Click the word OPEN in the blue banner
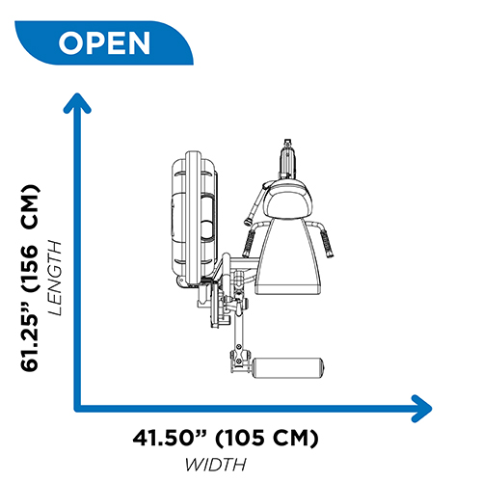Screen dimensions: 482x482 104,43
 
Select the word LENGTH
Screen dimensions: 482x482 55,278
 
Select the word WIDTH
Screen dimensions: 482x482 216,465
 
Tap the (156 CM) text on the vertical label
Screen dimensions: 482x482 30,238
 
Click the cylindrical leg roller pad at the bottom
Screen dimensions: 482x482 288,367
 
